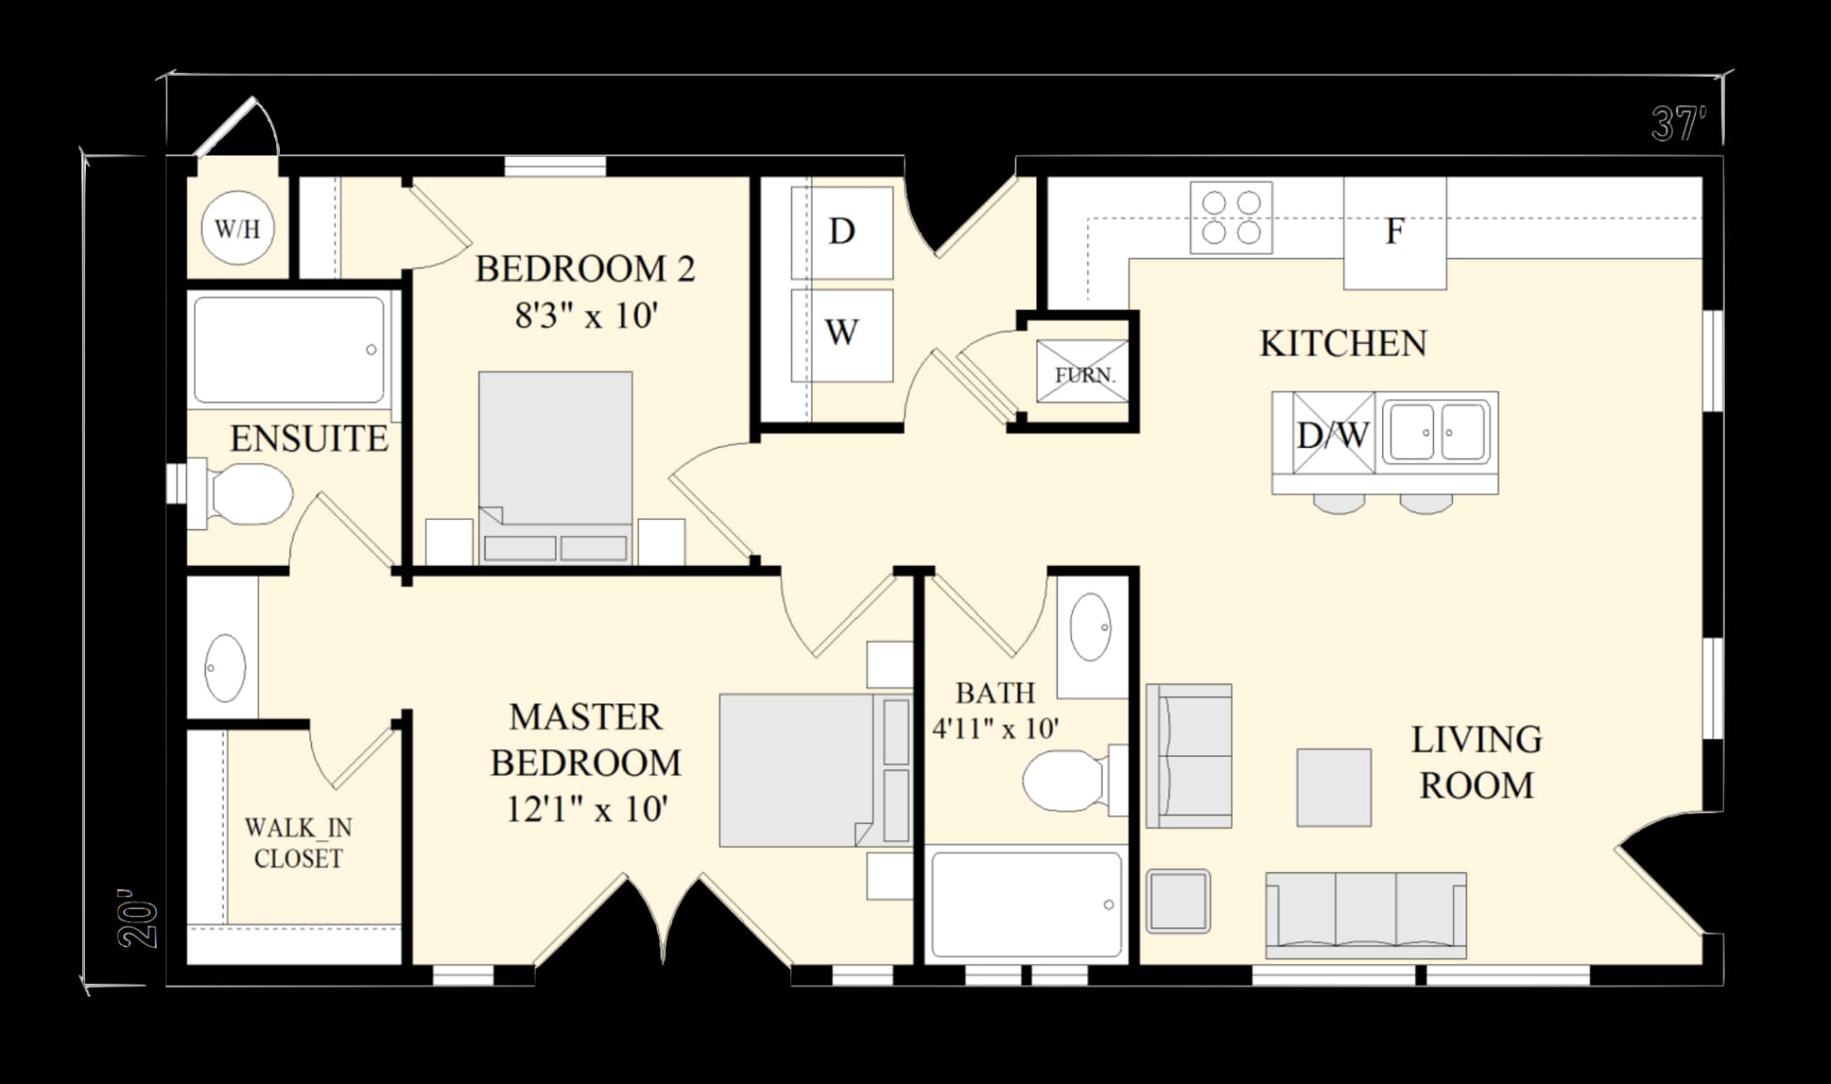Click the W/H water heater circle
coord(238,229)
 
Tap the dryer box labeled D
coord(841,232)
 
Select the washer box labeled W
coord(841,334)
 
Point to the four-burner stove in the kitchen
coord(1231,218)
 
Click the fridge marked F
coord(1395,232)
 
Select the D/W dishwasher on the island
coord(1333,434)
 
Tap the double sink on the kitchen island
coord(1437,433)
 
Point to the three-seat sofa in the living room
coord(1365,915)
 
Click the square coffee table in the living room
coord(1334,787)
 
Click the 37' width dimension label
coord(1678,124)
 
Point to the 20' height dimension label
coord(137,919)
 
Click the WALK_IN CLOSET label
coord(298,843)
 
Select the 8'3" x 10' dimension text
coord(586,315)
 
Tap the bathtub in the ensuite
coord(290,350)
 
